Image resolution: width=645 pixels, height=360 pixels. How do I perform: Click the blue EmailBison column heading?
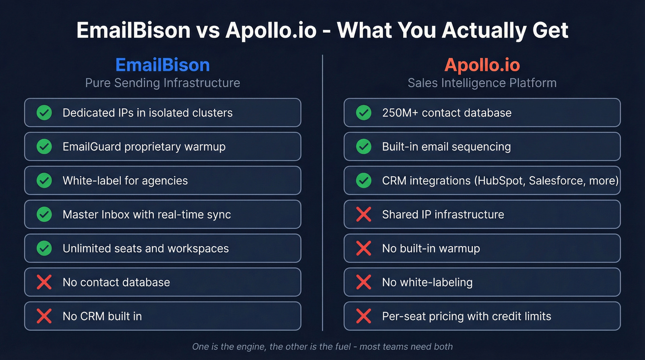tap(163, 65)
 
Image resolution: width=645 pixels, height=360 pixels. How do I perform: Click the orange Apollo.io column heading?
tap(482, 65)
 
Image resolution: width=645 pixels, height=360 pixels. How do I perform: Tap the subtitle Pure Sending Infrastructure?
tap(163, 83)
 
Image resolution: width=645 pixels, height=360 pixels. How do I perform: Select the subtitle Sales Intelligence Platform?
tap(482, 83)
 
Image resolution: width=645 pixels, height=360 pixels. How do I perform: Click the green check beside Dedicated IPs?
tap(44, 112)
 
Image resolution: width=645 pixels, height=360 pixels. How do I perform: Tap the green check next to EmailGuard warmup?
tap(44, 147)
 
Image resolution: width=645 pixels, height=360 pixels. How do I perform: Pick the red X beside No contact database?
tap(44, 282)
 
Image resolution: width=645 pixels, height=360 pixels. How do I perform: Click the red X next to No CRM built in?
tap(44, 316)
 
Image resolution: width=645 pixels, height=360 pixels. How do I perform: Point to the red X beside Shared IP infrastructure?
tap(364, 214)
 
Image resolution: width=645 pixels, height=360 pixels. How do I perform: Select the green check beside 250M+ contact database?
tap(364, 112)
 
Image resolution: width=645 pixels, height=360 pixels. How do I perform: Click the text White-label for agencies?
tap(125, 181)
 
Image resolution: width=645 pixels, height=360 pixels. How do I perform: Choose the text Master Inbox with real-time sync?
tap(147, 214)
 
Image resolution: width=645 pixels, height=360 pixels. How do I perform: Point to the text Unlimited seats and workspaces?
tap(146, 248)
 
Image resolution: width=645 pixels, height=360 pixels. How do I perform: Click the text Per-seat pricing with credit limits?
tap(466, 316)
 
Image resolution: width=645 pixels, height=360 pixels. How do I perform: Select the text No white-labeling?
tap(427, 282)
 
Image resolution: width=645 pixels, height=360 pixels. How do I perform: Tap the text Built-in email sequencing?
tap(446, 147)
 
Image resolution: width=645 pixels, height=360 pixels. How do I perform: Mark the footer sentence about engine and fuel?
tap(322, 347)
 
